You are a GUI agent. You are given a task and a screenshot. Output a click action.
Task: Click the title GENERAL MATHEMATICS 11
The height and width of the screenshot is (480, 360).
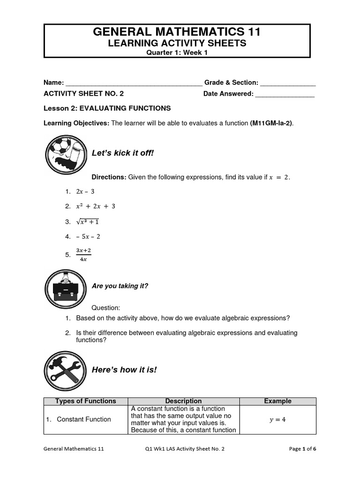177,32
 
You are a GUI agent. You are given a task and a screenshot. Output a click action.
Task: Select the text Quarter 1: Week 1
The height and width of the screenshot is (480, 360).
177,52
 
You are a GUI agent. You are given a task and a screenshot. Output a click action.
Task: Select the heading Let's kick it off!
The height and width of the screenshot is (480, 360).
123,153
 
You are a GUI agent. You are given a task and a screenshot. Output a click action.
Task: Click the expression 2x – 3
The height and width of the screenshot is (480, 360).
85,191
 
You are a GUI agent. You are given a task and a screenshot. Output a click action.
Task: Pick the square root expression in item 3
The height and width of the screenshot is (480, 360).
87,221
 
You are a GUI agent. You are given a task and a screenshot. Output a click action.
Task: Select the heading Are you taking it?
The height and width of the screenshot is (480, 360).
120,286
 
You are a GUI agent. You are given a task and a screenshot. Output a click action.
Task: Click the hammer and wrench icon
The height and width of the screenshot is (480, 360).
66,370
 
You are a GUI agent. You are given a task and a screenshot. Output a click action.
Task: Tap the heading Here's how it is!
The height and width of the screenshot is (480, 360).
124,370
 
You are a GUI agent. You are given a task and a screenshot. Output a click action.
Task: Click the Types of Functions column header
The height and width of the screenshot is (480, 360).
86,401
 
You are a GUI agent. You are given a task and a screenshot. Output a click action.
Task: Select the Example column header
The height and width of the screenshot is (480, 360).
277,401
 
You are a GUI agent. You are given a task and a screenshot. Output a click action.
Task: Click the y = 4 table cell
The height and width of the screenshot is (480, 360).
277,420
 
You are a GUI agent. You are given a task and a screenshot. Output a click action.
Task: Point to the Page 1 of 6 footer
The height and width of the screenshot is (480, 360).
302,449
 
